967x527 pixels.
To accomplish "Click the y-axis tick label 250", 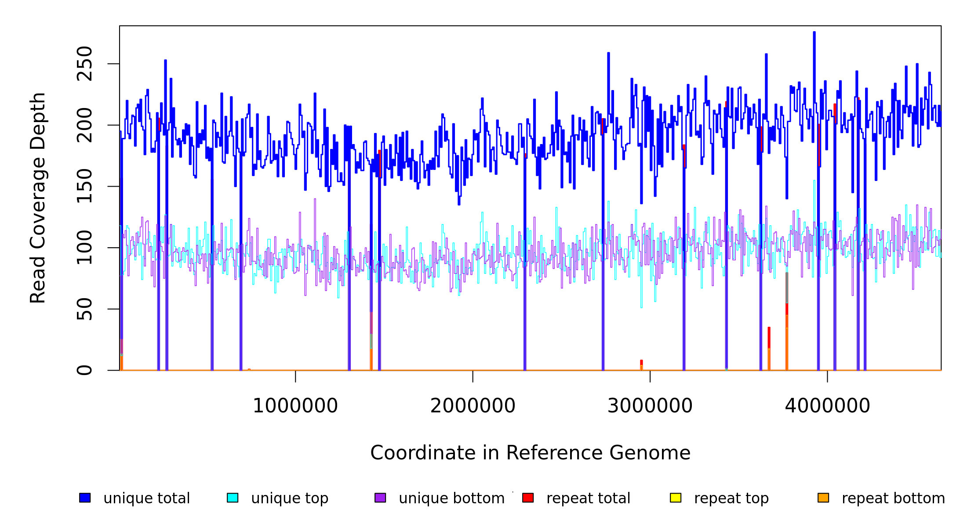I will pos(84,64).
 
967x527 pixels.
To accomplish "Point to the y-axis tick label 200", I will pos(84,125).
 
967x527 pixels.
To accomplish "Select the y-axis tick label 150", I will pos(84,186).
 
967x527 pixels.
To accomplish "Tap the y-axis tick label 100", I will pos(84,248).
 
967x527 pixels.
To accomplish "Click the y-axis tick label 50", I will pos(84,309).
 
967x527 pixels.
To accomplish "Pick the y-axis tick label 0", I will pos(84,370).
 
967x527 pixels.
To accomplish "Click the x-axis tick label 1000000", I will pos(295,406).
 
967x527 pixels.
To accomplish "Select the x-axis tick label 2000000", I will pos(473,406).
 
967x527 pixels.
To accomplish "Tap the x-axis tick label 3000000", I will pos(650,406).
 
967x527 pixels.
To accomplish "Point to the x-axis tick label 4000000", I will pos(828,406).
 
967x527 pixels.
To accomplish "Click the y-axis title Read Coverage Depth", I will pos(38,198).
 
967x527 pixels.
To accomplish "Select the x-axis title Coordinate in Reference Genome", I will pos(530,453).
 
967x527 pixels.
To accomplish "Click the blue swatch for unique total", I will pos(85,498).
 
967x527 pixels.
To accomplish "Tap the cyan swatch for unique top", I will pos(233,498).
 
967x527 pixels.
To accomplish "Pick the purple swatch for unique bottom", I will pos(380,498).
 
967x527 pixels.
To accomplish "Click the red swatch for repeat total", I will pos(528,498).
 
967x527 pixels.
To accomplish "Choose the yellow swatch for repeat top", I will pos(676,498).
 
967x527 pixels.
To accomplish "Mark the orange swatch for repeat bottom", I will pos(823,498).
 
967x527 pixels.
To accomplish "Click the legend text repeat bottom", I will pos(893,498).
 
